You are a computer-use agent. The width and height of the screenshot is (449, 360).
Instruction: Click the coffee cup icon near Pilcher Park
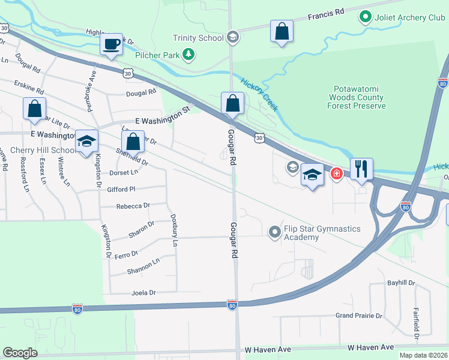pos(111,44)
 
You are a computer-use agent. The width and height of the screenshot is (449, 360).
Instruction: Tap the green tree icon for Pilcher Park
pos(189,55)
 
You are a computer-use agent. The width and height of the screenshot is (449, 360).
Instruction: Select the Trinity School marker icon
pos(233,38)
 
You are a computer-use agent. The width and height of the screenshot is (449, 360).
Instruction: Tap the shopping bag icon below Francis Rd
pos(282,32)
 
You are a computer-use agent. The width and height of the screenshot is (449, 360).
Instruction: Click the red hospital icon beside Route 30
pos(337,173)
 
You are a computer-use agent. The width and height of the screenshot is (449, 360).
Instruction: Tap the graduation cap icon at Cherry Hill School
pos(86,142)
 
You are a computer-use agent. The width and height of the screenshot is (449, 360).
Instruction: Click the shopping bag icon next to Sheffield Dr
pos(133,142)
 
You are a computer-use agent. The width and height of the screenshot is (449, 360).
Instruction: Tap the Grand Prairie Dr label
pos(358,316)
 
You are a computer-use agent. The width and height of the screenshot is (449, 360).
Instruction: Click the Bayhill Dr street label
pos(400,283)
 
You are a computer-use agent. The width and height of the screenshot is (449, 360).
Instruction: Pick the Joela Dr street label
pos(143,293)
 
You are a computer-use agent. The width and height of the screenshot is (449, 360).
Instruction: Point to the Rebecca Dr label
pos(133,206)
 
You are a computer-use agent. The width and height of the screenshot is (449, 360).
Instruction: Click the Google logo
pos(20,353)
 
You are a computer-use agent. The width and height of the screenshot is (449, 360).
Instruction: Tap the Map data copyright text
pos(423,355)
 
